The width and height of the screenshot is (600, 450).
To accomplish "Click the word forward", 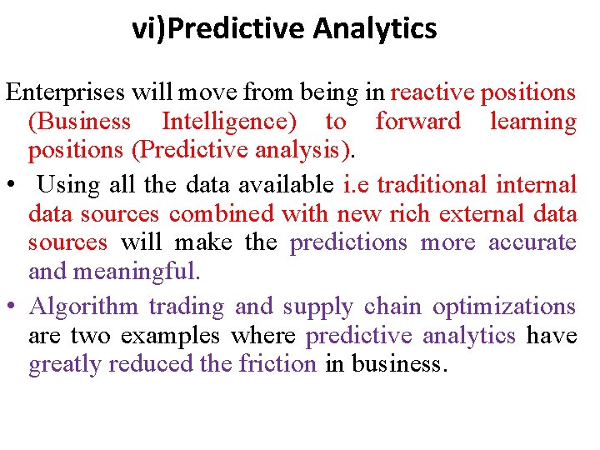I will pos(417,122).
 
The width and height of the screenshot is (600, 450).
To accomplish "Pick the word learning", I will pos(532,122).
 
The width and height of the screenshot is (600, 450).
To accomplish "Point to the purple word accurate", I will pos(532,243).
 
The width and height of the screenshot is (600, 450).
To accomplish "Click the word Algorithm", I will pos(83,307).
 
